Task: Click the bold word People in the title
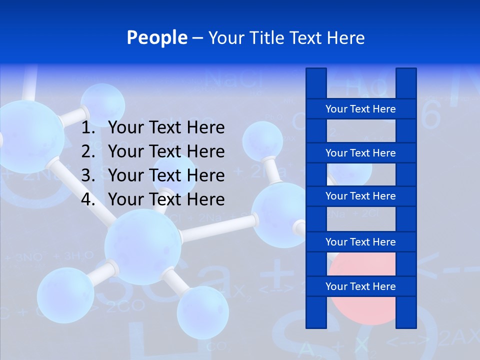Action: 157,37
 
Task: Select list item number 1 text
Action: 166,128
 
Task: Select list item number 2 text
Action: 166,151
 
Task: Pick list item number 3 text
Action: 166,175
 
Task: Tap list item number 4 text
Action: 166,199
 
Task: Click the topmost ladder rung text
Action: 360,109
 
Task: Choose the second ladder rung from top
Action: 360,153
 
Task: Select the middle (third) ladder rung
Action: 360,196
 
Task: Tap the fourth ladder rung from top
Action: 360,242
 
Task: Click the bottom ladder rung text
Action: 360,286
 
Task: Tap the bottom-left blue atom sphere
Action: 65,295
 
